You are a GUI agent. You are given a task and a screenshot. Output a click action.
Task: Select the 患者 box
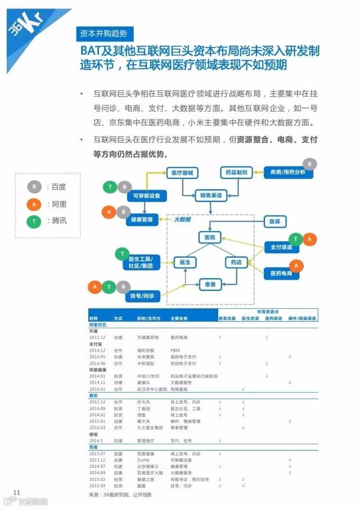pyautogui.click(x=210, y=285)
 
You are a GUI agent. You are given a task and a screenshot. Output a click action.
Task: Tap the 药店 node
pyautogui.click(x=236, y=262)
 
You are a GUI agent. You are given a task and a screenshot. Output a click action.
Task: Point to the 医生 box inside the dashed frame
pyautogui.click(x=184, y=262)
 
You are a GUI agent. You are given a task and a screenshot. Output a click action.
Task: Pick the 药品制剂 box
pyautogui.click(x=236, y=173)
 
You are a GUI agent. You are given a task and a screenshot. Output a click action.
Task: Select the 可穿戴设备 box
pyautogui.click(x=146, y=196)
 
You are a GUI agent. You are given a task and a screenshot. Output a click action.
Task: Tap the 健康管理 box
pyautogui.click(x=141, y=219)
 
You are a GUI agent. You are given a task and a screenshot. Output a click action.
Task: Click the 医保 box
pyautogui.click(x=274, y=222)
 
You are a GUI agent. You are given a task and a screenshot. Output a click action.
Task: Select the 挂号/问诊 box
pyautogui.click(x=142, y=295)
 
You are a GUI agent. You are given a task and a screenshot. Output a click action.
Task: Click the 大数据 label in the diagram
pyautogui.click(x=182, y=220)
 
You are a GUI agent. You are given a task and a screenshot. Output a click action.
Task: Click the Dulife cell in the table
pyautogui.click(x=143, y=460)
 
